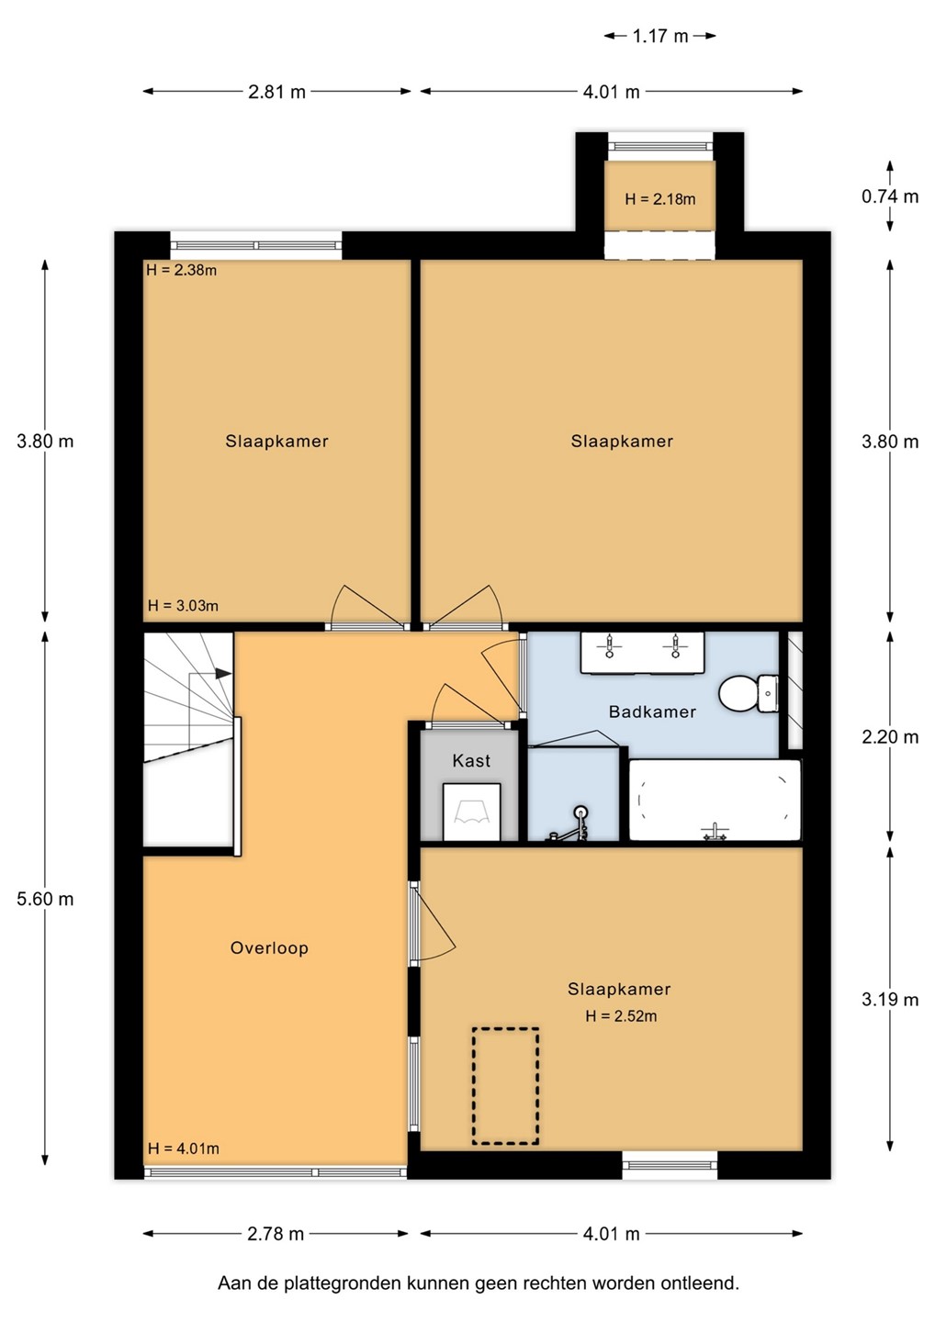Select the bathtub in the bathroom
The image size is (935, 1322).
tap(715, 800)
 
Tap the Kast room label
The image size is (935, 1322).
tap(471, 761)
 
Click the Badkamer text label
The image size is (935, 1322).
tap(652, 711)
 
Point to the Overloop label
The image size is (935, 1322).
tap(269, 947)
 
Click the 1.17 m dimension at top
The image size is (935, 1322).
tap(660, 36)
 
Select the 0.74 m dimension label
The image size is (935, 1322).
tap(890, 196)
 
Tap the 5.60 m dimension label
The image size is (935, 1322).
tap(45, 899)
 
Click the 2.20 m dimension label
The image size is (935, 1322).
tap(890, 736)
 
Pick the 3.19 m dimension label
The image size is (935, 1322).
tap(890, 999)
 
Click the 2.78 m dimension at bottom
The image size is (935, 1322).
tap(276, 1234)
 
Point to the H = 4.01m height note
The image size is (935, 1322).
tap(183, 1148)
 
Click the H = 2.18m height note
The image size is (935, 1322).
tap(660, 199)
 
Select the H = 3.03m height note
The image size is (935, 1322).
tap(183, 605)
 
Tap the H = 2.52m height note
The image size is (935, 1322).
tap(621, 1015)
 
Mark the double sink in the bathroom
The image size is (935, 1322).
tap(642, 652)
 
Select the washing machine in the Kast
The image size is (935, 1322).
tap(471, 812)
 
